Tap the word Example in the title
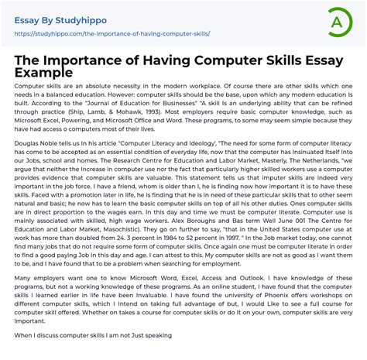click(45, 72)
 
